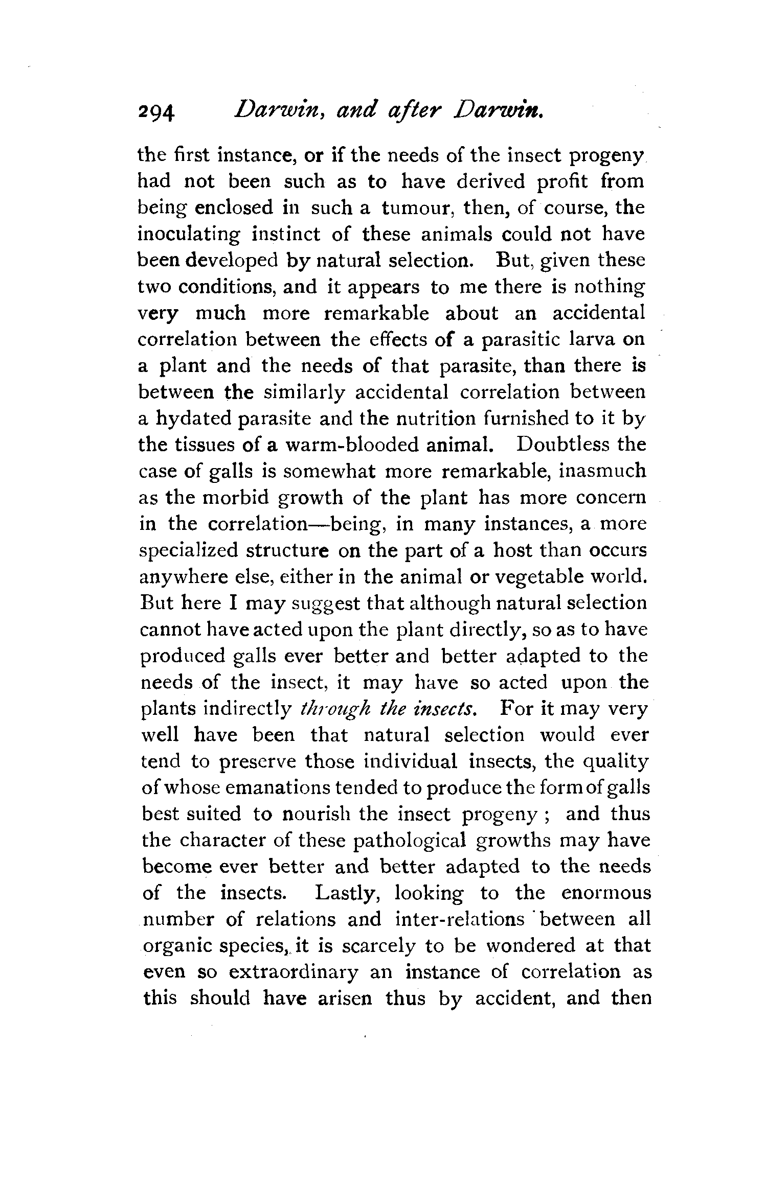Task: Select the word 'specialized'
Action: click(189, 551)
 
